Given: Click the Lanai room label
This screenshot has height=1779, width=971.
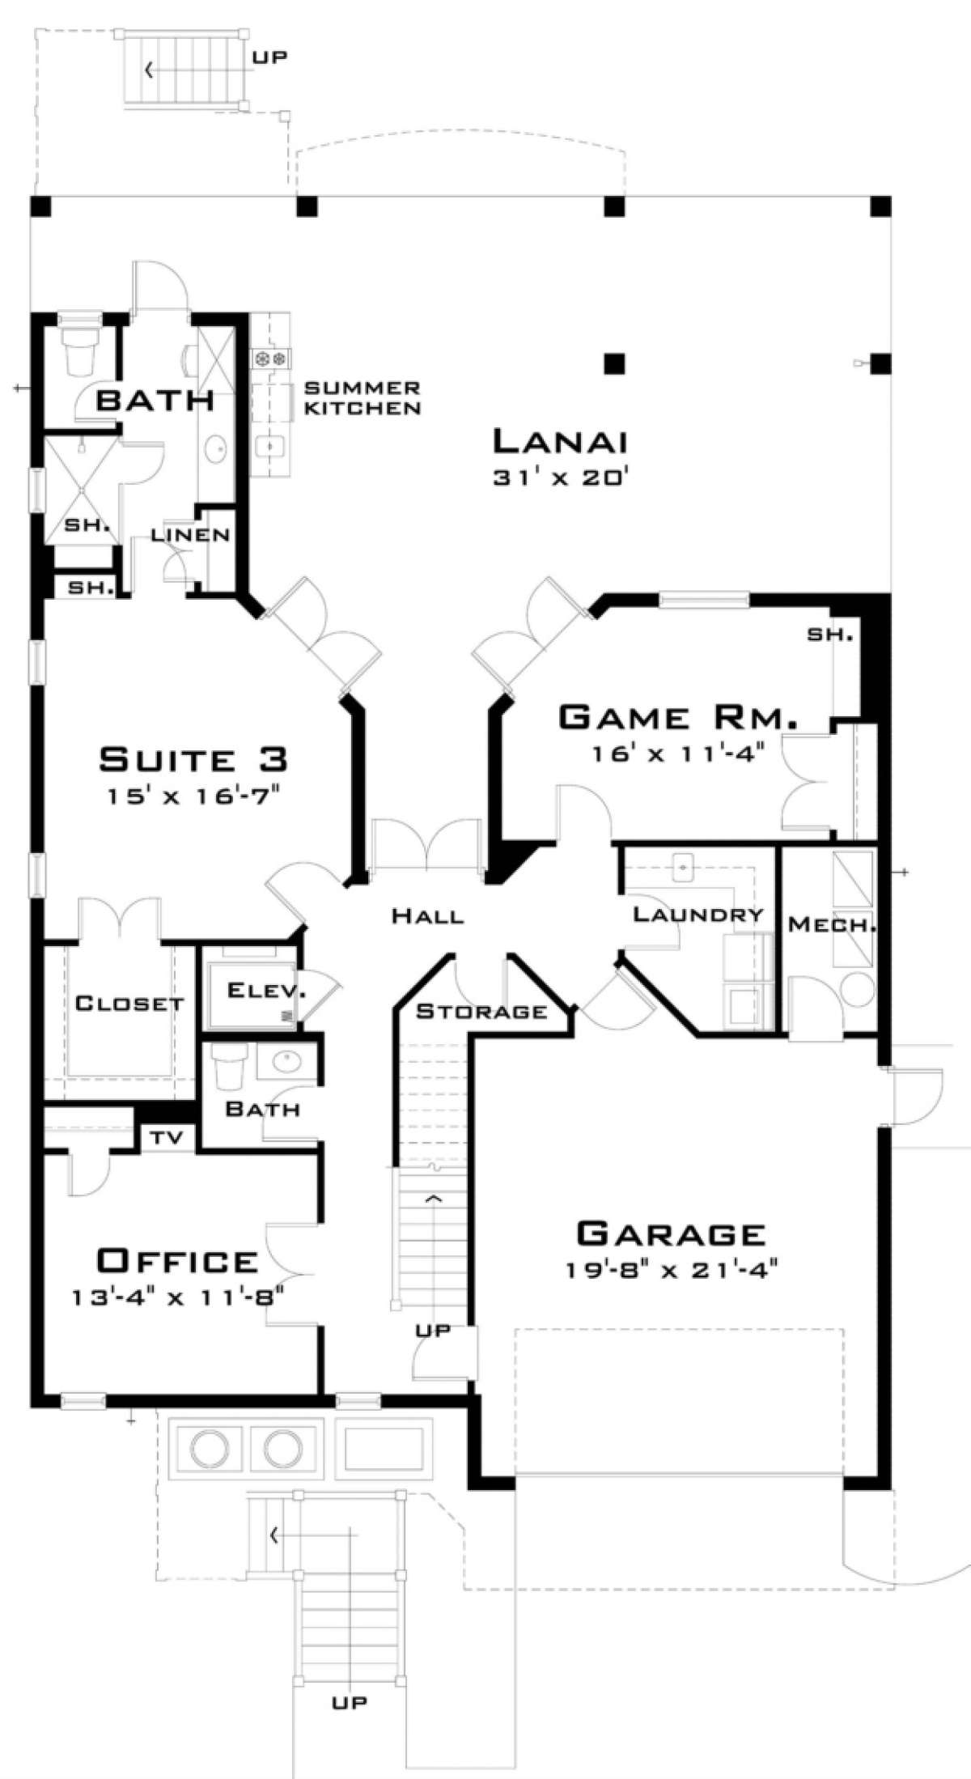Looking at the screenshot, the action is (560, 442).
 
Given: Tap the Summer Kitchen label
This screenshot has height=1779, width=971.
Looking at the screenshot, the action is (362, 397).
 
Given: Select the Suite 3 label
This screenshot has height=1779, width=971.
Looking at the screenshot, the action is (193, 759).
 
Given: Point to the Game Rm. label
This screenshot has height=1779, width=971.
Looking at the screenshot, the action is (679, 718).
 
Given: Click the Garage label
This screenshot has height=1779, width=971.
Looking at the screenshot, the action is (671, 1233).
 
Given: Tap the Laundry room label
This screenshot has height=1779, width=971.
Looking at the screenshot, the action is (698, 915).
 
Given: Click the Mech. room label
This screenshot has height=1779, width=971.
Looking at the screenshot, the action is (832, 923).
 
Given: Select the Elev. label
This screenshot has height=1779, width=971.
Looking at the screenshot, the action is (256, 989).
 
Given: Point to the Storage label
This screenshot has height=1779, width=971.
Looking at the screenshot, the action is (481, 1011).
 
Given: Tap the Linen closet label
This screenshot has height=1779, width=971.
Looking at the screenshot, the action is (191, 535).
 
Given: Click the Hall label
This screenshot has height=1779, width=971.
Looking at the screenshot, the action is (428, 916).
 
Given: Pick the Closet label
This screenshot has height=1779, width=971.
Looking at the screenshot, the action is (129, 1004).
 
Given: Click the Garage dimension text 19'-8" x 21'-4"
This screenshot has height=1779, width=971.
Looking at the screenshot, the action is (672, 1270).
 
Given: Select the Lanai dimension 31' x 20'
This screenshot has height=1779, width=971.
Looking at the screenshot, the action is (560, 478).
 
